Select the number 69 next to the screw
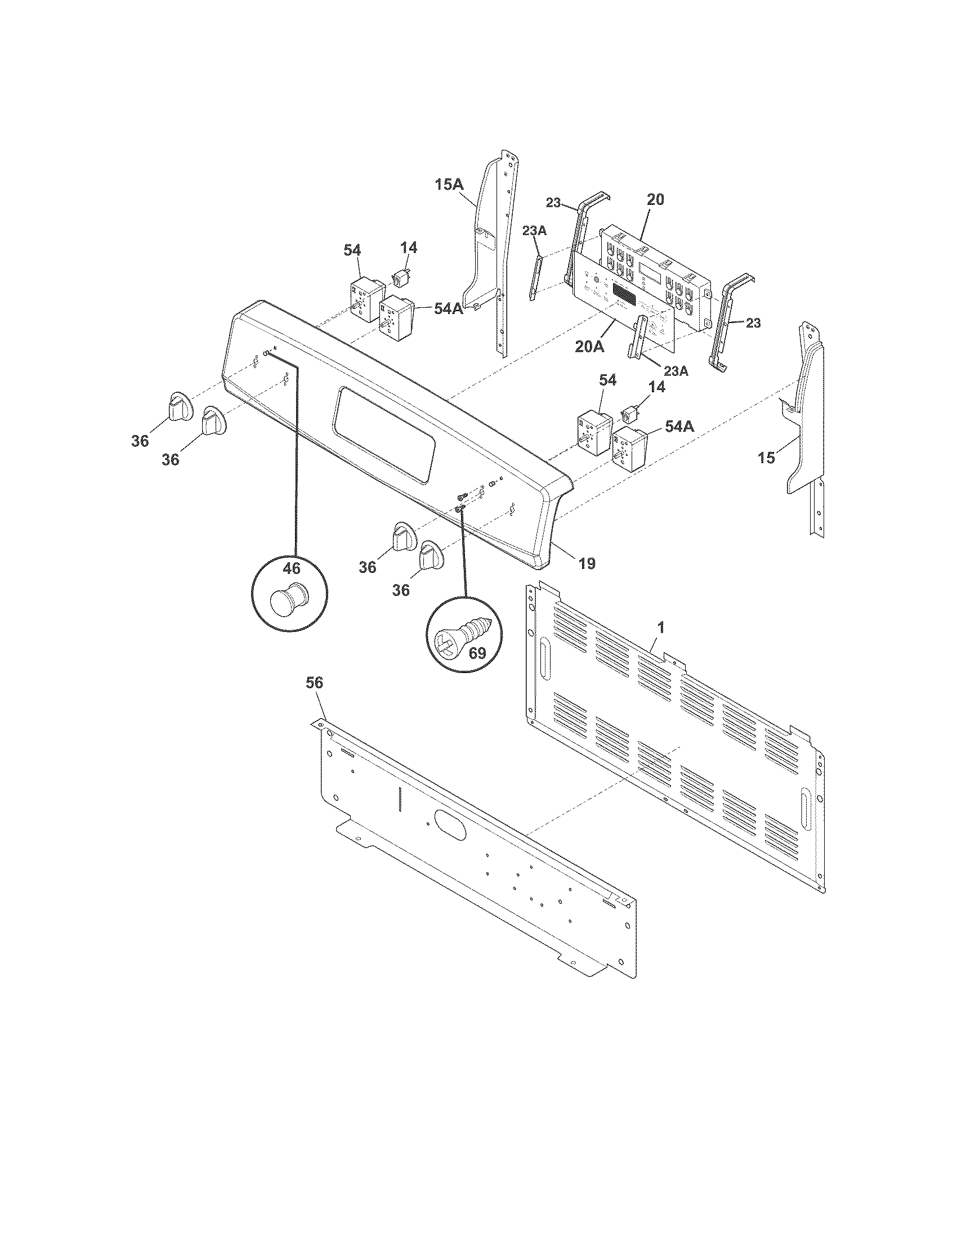pos(477,653)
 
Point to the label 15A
pos(450,185)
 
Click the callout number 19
pos(587,563)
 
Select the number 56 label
pos(314,684)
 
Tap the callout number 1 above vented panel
pos(660,627)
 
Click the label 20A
pos(589,347)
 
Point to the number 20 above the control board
pos(655,200)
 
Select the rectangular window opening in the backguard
pos(386,435)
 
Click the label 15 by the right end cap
pos(767,457)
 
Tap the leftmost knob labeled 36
pos(178,406)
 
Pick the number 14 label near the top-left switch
pos(409,248)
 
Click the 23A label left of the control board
pos(535,230)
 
